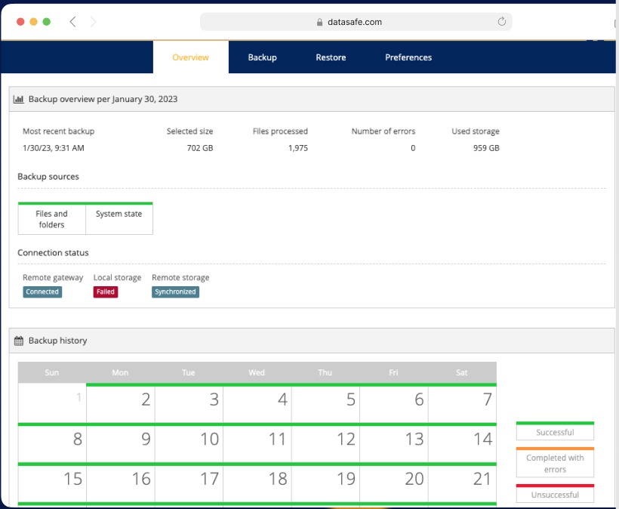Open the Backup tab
[x=262, y=57]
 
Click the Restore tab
[x=331, y=57]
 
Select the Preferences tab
[x=408, y=57]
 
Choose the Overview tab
[x=190, y=57]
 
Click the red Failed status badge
[x=106, y=292]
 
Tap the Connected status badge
[x=42, y=292]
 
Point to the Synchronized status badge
[x=175, y=292]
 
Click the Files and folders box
[x=51, y=219]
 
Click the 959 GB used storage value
[x=486, y=148]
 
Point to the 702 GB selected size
[x=200, y=148]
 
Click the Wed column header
[x=257, y=372]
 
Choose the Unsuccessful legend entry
[x=555, y=495]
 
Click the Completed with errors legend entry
[x=555, y=463]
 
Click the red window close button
[x=20, y=22]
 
